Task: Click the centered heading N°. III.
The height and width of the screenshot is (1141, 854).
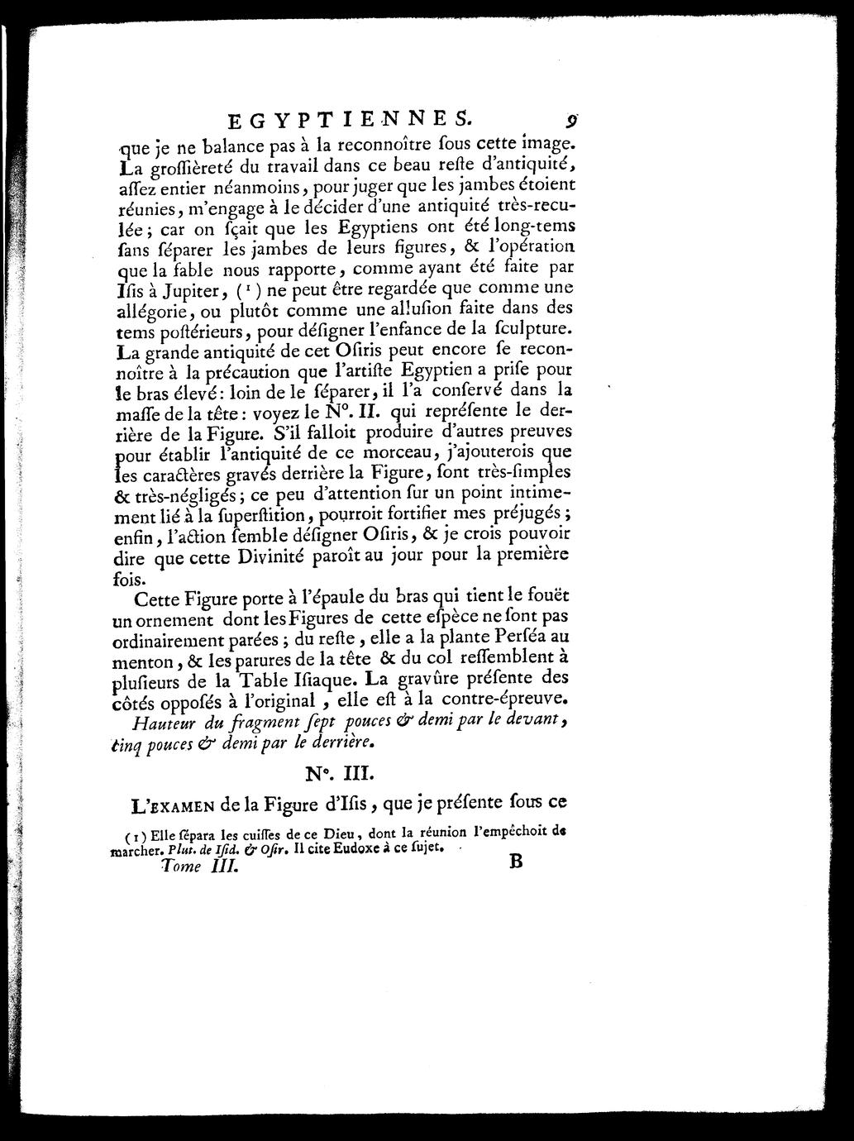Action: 339,774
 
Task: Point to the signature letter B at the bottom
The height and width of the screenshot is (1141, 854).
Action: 518,862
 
